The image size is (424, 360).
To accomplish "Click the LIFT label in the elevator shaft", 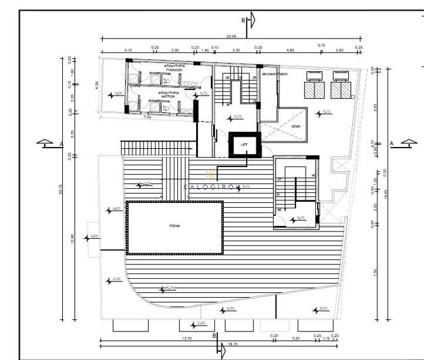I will pyautogui.click(x=244, y=144).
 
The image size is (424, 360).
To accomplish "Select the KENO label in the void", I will pyautogui.click(x=296, y=127).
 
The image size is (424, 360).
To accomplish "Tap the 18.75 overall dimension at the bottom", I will pyautogui.click(x=232, y=344).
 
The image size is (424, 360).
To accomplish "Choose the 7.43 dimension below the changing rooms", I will pyautogui.click(x=147, y=117).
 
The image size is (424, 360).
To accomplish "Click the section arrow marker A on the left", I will pyautogui.click(x=45, y=143).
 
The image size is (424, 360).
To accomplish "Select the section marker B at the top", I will pyautogui.click(x=250, y=20).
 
